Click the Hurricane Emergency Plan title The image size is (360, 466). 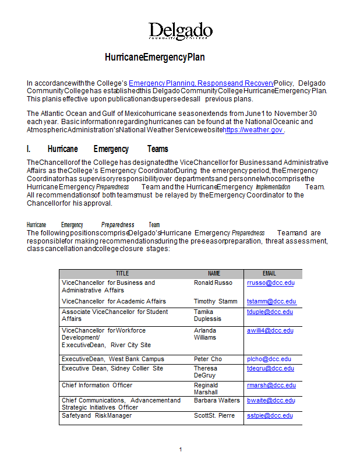click(155, 57)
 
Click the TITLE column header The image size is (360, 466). click(122, 273)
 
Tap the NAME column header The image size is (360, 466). click(214, 273)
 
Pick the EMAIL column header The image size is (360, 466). click(269, 273)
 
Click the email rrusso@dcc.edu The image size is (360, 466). click(271, 283)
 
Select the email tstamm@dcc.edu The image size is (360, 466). click(271, 301)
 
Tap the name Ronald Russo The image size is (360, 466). click(213, 283)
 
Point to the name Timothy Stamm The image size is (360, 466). click(216, 301)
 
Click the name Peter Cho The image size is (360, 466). click(208, 359)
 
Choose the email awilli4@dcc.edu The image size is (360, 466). click(270, 330)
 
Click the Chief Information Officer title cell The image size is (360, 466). click(97, 385)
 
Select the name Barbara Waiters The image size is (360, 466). click(217, 400)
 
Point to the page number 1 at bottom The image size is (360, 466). click(181, 449)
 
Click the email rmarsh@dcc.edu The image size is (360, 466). click(271, 385)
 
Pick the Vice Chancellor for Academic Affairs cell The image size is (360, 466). click(114, 301)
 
